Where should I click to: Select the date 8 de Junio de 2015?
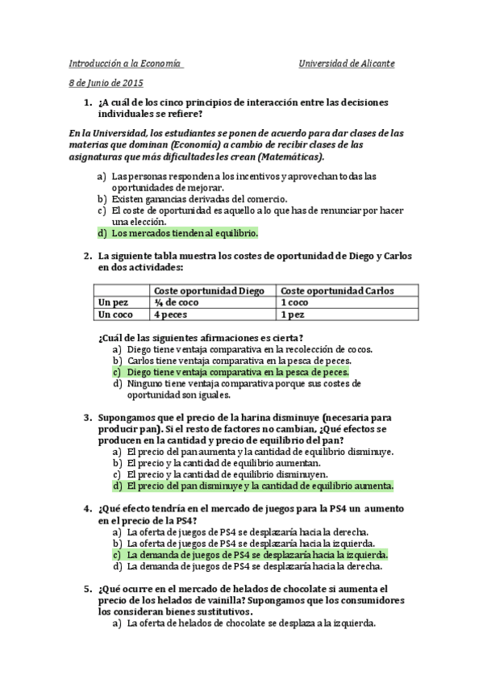[x=106, y=84]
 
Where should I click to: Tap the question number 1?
[x=86, y=102]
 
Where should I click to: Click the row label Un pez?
[x=112, y=302]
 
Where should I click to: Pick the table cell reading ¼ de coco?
[x=177, y=302]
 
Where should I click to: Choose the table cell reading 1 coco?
[x=294, y=302]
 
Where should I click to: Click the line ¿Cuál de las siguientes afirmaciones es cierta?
[x=200, y=338]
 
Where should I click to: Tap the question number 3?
[x=86, y=418]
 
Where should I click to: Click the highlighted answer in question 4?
[x=257, y=555]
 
